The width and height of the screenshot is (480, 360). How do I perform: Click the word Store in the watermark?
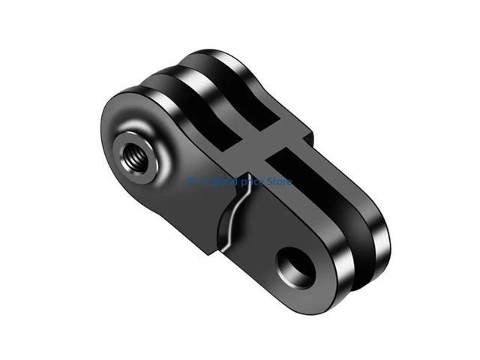click(277, 181)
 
